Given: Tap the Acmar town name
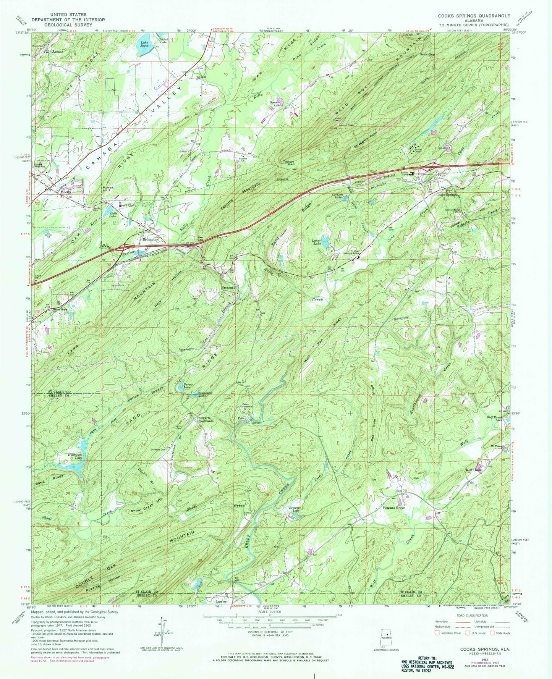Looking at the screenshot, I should tap(51, 50).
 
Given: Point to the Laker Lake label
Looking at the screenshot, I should tap(316, 242).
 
